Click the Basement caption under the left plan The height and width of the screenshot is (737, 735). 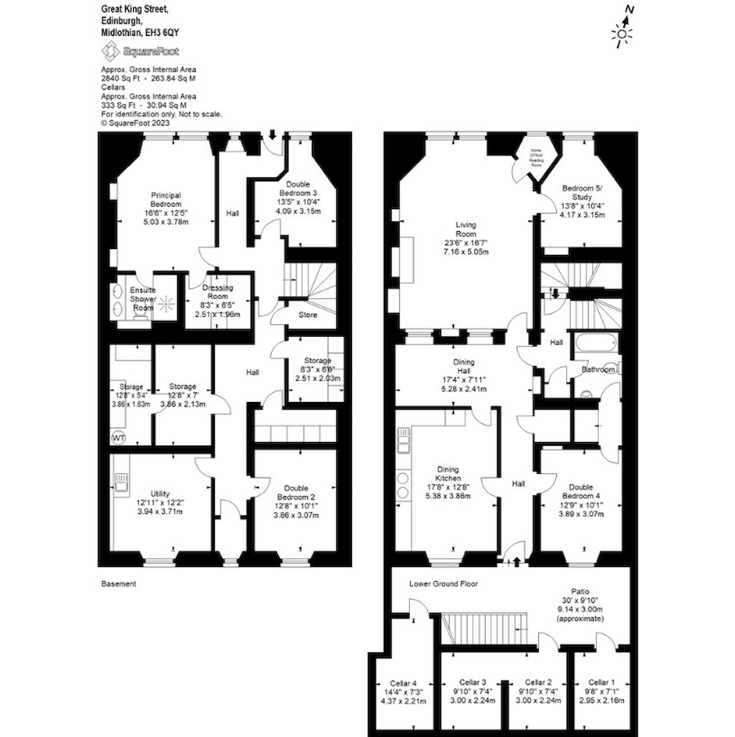[x=118, y=584]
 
